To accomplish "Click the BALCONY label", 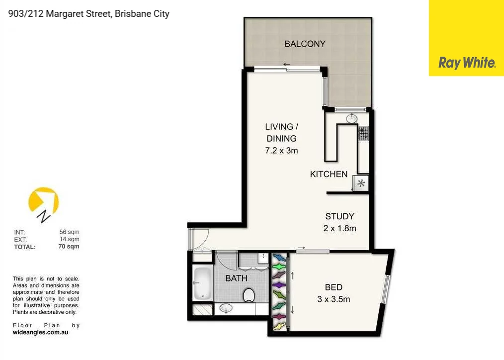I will click(x=305, y=44).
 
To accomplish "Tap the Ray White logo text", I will click(x=467, y=63).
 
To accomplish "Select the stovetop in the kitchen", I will click(x=364, y=133).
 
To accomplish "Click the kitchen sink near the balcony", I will click(x=352, y=118).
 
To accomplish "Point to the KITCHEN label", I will click(x=329, y=174).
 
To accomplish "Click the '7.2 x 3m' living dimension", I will click(x=281, y=150).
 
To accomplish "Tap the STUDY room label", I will click(x=339, y=216).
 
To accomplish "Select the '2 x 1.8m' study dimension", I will click(x=339, y=229).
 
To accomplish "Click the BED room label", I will click(x=334, y=287).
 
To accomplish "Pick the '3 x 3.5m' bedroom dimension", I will click(x=334, y=299).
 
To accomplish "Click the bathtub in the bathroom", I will click(x=202, y=283).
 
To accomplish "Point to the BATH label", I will click(x=236, y=278).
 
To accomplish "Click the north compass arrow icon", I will click(x=44, y=204).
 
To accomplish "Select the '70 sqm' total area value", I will click(x=69, y=246).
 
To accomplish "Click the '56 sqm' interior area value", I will click(x=69, y=232).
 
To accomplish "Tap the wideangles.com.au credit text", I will click(x=40, y=332).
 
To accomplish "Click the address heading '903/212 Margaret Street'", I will click(x=89, y=14).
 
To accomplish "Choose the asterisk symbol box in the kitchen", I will click(x=361, y=183).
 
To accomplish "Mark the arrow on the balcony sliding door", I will click(x=287, y=64).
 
